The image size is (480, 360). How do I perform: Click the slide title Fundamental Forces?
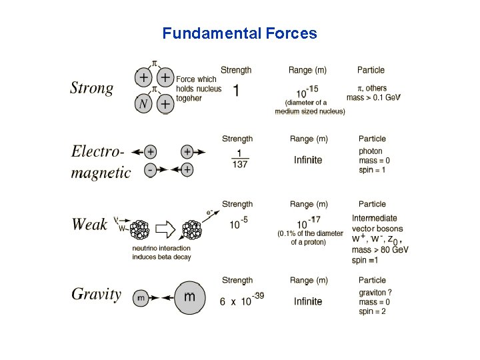tap(240, 33)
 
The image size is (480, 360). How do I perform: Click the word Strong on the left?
tap(92, 88)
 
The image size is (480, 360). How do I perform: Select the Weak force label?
tap(89, 225)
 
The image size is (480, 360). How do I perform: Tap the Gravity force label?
tap(96, 294)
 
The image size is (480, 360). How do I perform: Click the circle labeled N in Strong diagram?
tap(143, 103)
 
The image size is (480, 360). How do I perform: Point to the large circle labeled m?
tap(189, 296)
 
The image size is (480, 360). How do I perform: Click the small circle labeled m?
tap(141, 299)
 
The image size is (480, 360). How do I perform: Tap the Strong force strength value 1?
tap(236, 91)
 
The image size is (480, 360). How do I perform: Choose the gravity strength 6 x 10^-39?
tap(241, 300)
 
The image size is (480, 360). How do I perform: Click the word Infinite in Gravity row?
tap(308, 301)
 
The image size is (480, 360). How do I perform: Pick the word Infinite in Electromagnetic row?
tap(308, 160)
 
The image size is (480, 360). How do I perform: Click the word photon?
tap(371, 151)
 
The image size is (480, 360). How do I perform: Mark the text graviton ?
tap(375, 292)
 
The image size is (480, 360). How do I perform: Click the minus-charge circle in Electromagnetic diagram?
tap(151, 170)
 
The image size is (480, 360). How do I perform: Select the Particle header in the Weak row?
tap(372, 204)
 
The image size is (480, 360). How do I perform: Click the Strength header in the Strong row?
tap(237, 69)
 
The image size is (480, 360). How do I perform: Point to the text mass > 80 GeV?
tap(380, 250)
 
